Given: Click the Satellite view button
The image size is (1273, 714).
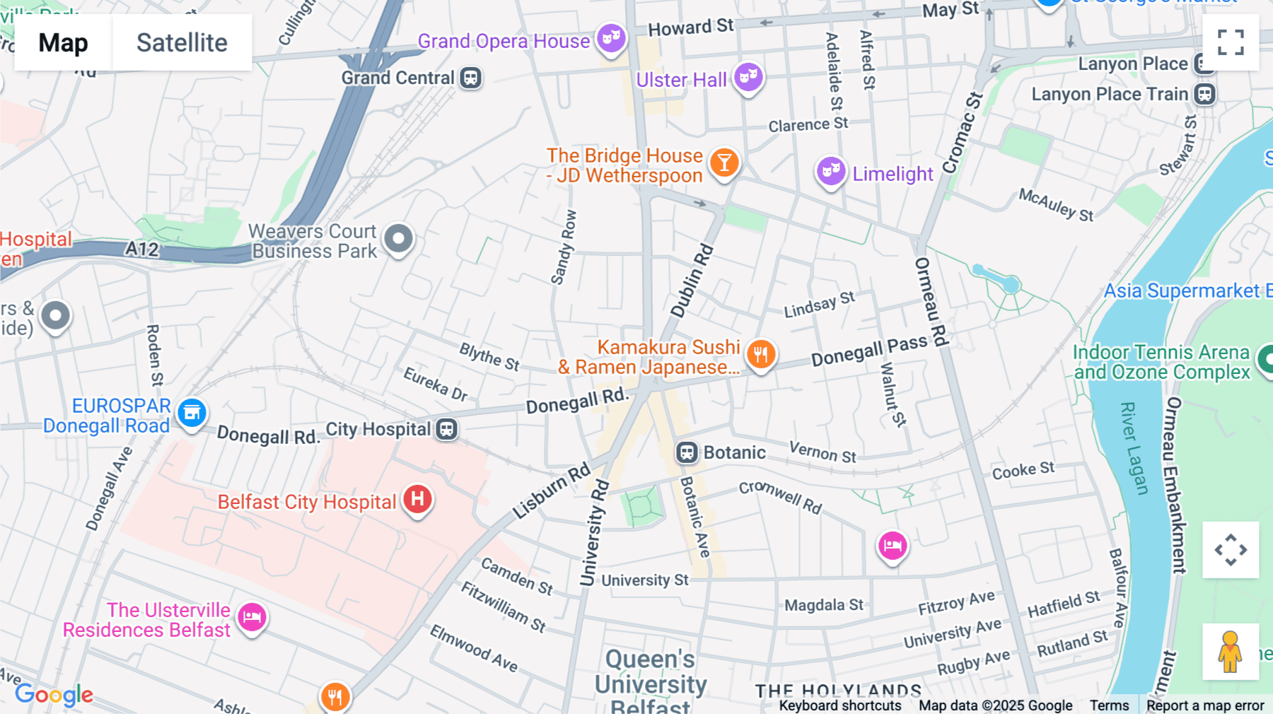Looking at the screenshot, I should (182, 42).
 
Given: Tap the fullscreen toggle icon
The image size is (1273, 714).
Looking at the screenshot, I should (1231, 42).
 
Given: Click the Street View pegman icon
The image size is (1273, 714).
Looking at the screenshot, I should (1230, 651).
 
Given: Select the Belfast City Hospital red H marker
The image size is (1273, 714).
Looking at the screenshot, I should (417, 499).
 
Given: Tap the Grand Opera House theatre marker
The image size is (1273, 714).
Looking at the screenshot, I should (611, 37).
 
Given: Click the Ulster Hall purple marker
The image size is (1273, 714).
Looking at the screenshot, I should (748, 76).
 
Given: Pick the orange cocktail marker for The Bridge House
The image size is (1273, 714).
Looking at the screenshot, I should (723, 163).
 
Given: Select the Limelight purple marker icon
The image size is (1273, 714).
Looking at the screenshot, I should (831, 171).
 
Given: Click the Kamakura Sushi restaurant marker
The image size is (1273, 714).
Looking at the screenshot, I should (761, 354).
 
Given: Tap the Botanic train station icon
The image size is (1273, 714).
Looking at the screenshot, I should (687, 452).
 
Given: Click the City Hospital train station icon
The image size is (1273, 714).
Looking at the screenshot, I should (447, 429).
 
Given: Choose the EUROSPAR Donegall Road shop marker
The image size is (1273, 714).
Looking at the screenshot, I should (192, 413).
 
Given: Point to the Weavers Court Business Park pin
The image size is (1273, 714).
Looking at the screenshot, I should (398, 239).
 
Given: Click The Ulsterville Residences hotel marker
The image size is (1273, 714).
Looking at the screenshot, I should (252, 618).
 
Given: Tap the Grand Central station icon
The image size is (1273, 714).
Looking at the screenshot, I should (471, 78).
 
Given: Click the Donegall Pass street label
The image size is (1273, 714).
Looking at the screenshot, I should (868, 351).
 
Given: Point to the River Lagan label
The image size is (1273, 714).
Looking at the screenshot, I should (1133, 448).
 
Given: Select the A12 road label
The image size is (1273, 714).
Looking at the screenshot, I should (142, 249).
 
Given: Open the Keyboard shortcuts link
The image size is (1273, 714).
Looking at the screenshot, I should (839, 706).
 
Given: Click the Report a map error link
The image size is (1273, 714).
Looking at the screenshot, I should (1204, 706).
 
